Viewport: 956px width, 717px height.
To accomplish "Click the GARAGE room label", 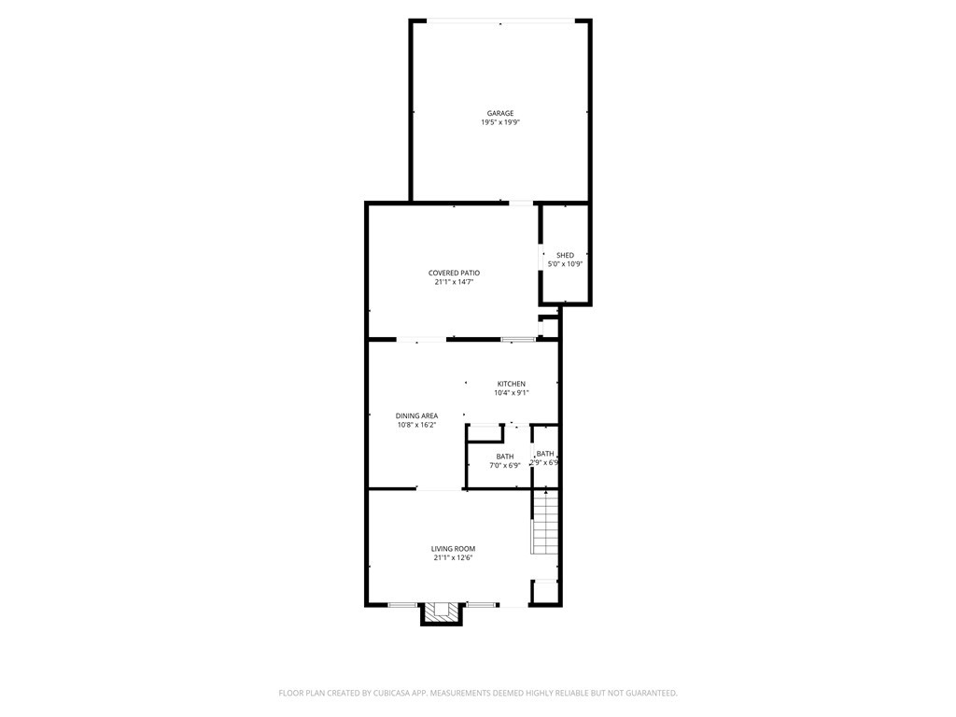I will coord(499,113).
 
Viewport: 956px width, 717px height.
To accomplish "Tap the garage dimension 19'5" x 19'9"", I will coord(499,122).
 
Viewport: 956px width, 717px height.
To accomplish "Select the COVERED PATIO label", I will coord(454,273).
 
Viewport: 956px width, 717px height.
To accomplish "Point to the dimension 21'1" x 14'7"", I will coord(454,281).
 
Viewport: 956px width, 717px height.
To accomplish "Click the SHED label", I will coord(565,255).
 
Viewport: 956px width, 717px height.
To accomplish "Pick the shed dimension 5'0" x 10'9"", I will coord(565,263).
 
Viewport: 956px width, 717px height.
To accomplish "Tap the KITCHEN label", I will coord(511,384).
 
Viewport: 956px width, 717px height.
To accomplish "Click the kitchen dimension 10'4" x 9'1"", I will coord(511,393).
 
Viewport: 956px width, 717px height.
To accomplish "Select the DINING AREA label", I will coord(416,415).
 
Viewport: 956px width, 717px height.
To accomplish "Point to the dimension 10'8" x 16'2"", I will coord(416,425).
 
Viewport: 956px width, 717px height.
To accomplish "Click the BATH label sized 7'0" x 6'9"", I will coord(504,456).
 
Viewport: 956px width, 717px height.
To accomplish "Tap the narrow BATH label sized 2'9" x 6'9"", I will coord(545,454).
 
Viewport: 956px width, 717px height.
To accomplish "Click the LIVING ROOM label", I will coord(453,548).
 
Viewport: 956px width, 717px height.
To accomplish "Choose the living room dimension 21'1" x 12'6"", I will coord(453,557).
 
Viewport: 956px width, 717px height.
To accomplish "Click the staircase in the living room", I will coord(544,523).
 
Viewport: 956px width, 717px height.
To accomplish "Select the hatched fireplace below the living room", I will coord(442,613).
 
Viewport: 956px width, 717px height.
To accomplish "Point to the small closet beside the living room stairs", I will coord(544,592).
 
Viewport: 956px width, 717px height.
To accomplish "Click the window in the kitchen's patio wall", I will coord(517,339).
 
